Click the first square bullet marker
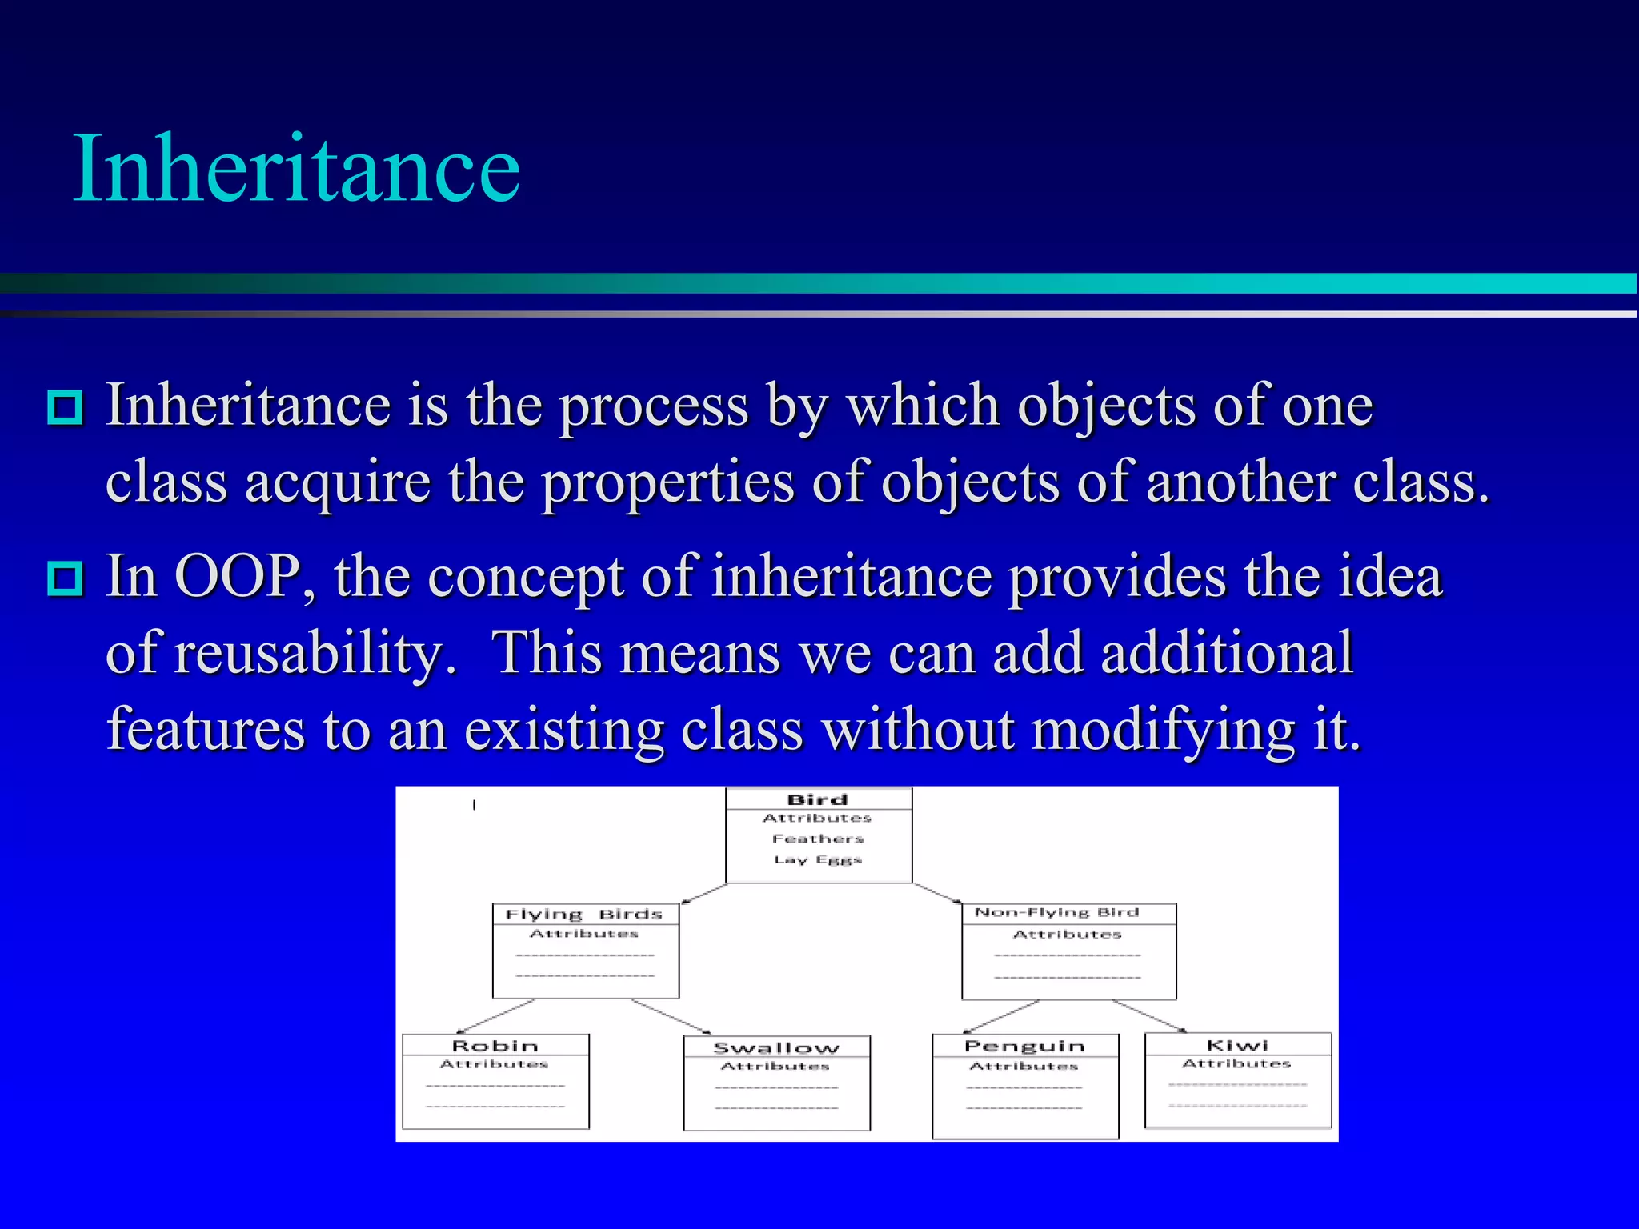pos(65,407)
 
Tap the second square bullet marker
pos(65,578)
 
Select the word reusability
pos(315,652)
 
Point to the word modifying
pos(1162,730)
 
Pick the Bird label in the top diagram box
pos(817,799)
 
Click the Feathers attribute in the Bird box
pos(818,839)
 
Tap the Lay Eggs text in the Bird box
pos(817,859)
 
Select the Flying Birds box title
pos(584,914)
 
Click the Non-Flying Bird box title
pos(1056,912)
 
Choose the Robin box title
pos(495,1046)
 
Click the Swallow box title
pos(776,1047)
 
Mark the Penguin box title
pos(1024,1046)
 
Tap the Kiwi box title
pos(1237,1045)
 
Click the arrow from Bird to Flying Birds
pos(704,894)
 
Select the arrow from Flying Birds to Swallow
pos(671,1016)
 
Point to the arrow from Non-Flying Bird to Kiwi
pos(1149,1016)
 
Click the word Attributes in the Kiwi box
pos(1236,1063)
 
